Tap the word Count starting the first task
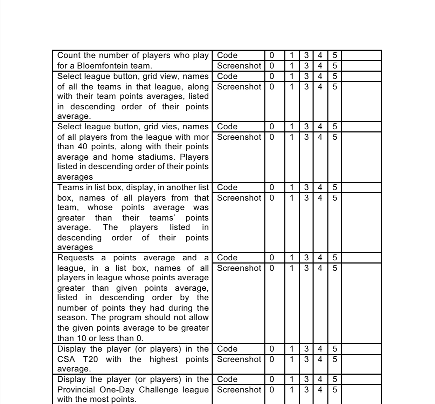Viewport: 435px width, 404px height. click(69, 55)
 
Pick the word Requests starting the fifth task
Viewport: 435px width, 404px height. click(76, 258)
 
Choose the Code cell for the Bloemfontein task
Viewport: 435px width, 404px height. click(227, 55)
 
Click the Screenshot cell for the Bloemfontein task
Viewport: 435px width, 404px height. click(239, 66)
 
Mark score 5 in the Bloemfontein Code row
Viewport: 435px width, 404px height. click(334, 55)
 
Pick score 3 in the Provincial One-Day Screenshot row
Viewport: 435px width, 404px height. click(306, 390)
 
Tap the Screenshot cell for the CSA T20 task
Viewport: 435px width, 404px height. click(239, 359)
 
